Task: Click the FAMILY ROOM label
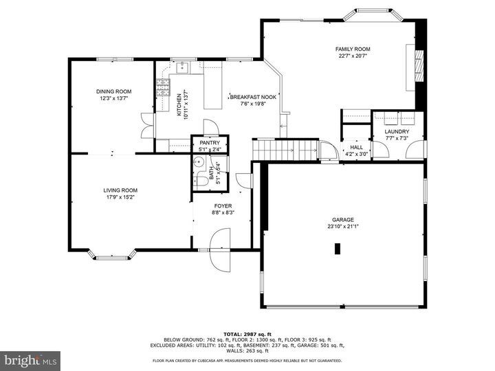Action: (x=353, y=49)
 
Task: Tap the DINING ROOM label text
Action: (x=113, y=91)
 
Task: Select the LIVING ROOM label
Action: (x=120, y=190)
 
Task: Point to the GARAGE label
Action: (x=343, y=220)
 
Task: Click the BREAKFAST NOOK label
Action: (x=253, y=98)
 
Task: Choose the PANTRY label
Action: (x=210, y=143)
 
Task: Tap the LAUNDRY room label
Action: (x=397, y=132)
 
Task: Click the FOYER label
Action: (x=223, y=206)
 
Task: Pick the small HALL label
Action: (x=356, y=147)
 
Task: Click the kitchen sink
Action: (x=181, y=67)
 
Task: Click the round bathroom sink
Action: (x=197, y=163)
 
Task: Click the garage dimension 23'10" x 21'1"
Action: (x=343, y=227)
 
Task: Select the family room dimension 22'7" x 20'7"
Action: (x=353, y=56)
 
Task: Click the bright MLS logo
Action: (x=31, y=359)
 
